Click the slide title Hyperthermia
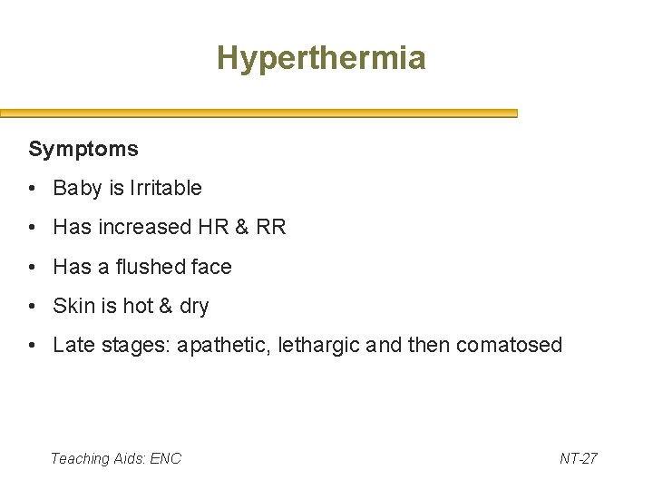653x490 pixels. pos(321,59)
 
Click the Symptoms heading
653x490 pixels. pos(83,148)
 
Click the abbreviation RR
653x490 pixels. pos(271,227)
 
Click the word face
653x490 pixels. pos(210,267)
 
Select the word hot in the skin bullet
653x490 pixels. pos(138,306)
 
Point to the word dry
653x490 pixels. pos(194,307)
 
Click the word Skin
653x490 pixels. pos(73,306)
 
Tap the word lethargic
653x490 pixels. pos(319,346)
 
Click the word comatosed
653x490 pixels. pos(510,345)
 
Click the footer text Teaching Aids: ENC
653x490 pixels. pos(116,458)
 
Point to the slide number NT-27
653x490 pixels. pos(579,458)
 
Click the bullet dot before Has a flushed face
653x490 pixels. pos(32,267)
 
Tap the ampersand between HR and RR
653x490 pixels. pos(241,227)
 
